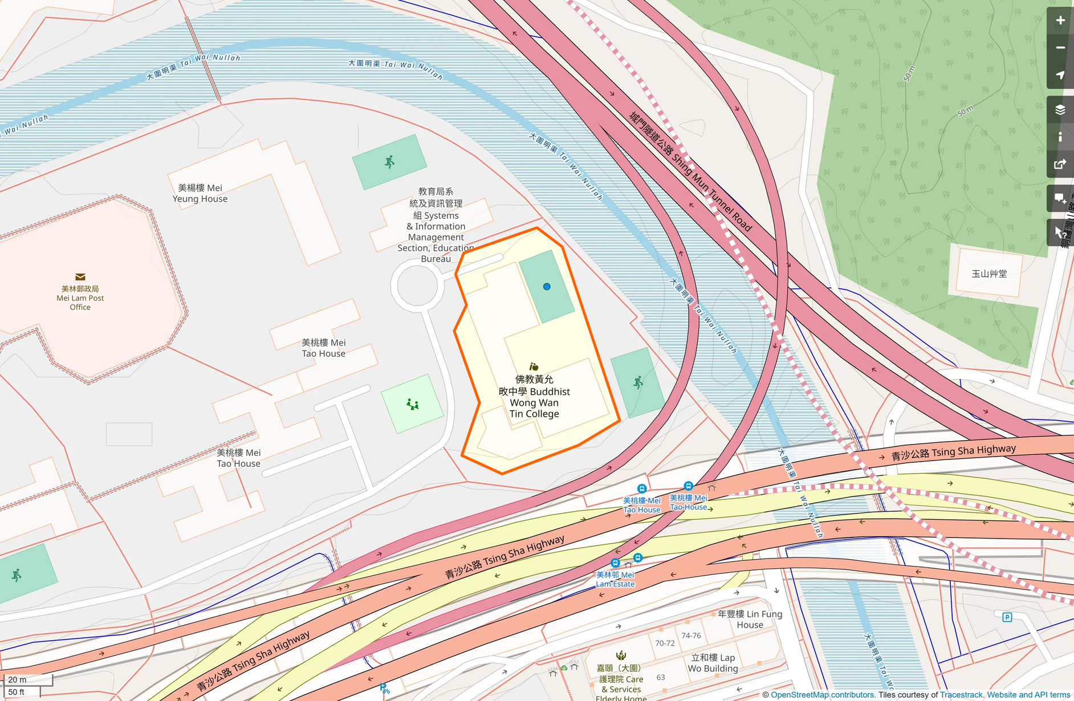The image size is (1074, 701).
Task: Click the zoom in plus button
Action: (x=1060, y=21)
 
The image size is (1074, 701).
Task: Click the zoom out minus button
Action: (x=1060, y=48)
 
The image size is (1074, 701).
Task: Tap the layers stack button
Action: (x=1060, y=109)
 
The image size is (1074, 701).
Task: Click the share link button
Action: (x=1060, y=165)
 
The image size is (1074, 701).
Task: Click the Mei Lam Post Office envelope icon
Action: (x=80, y=277)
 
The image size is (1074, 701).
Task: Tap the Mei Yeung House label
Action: (x=200, y=193)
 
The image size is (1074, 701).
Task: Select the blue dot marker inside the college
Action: (x=547, y=287)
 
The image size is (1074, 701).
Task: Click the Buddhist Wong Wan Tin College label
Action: (x=534, y=397)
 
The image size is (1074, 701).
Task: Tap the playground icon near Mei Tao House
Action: (x=413, y=405)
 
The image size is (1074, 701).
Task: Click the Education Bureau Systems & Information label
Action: (x=436, y=226)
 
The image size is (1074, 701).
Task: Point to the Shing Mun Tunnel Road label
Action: (x=690, y=171)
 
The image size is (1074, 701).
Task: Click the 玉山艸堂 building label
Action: (x=989, y=274)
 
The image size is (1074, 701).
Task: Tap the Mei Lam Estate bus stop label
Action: (x=615, y=579)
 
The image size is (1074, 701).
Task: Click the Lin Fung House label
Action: (x=750, y=620)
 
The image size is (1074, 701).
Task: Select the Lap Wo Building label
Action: (x=713, y=663)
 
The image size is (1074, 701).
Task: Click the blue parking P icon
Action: (x=1007, y=617)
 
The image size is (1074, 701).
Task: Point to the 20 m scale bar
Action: (x=27, y=679)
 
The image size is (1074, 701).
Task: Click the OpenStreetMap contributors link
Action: (x=822, y=695)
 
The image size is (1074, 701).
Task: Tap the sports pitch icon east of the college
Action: (x=638, y=382)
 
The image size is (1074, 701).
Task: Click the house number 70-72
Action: (x=665, y=643)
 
